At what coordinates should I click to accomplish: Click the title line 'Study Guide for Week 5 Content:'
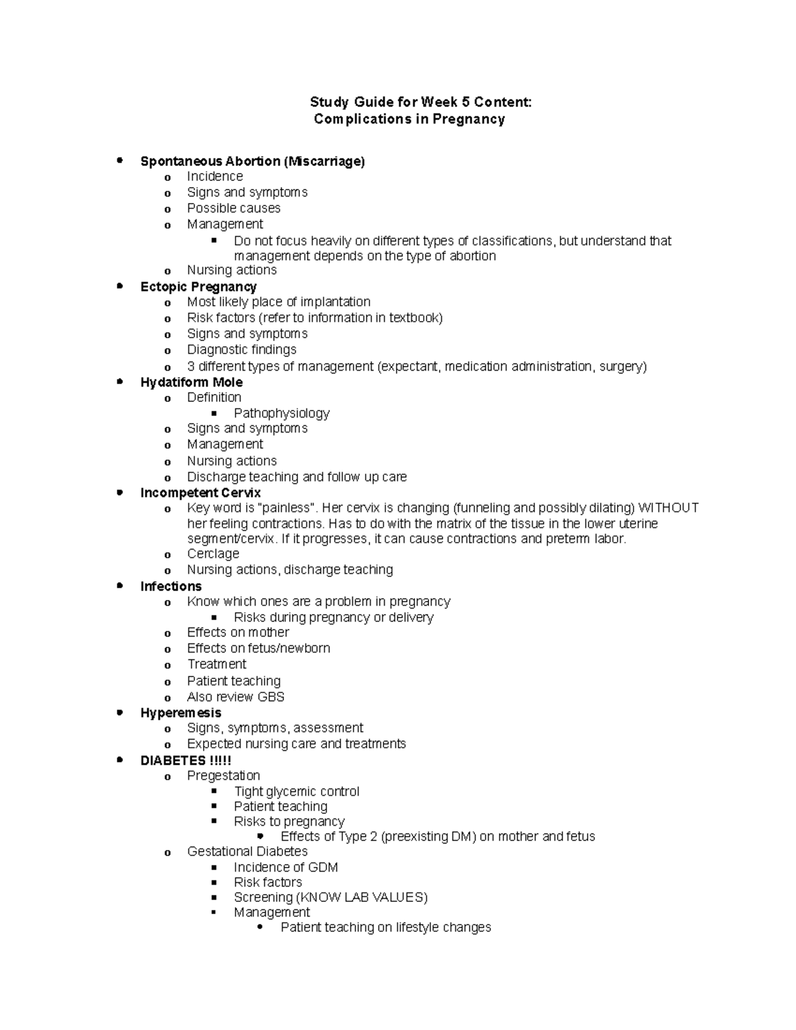(x=421, y=102)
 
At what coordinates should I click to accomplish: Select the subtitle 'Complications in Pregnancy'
(x=409, y=119)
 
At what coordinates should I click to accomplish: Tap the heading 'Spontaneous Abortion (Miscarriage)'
(x=252, y=161)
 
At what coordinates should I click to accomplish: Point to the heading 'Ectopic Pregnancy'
(x=198, y=287)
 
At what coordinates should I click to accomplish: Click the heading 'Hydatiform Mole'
(x=191, y=382)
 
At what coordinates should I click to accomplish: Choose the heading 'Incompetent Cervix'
(x=200, y=493)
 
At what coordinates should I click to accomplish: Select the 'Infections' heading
(x=170, y=586)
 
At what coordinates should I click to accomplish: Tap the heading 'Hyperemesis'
(x=180, y=713)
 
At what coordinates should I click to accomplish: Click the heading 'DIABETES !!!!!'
(x=186, y=761)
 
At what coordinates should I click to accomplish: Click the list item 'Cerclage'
(x=213, y=554)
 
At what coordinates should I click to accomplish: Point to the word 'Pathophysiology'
(x=281, y=413)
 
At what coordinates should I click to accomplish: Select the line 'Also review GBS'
(x=235, y=697)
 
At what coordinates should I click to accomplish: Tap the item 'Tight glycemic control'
(x=297, y=791)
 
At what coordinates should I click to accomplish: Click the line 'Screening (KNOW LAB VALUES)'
(x=330, y=897)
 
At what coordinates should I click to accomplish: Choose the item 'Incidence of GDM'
(x=286, y=868)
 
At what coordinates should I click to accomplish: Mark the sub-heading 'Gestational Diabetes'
(x=247, y=851)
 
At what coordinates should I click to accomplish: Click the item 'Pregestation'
(x=224, y=775)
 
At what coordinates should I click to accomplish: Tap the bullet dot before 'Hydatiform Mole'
(x=120, y=381)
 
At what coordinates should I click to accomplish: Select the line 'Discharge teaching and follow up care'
(x=297, y=477)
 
